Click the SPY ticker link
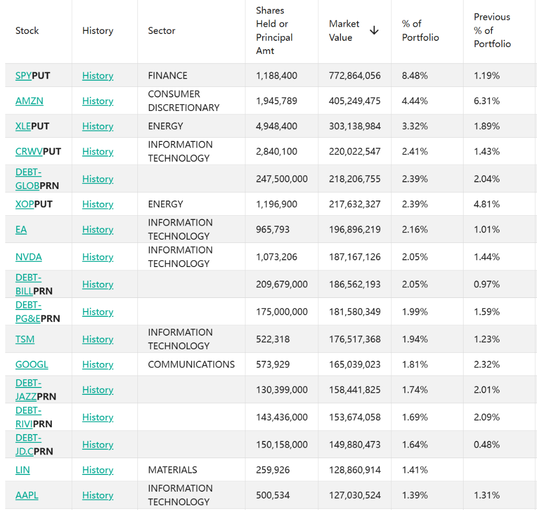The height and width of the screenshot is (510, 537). pyautogui.click(x=24, y=75)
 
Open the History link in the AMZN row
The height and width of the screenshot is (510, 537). pyautogui.click(x=98, y=101)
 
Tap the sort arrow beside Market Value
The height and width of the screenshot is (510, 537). pyautogui.click(x=374, y=30)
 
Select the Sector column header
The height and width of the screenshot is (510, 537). pyautogui.click(x=162, y=31)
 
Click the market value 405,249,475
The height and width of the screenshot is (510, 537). pyautogui.click(x=355, y=101)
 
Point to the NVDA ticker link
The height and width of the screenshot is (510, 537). pyautogui.click(x=28, y=257)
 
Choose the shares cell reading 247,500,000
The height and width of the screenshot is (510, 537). pyautogui.click(x=282, y=179)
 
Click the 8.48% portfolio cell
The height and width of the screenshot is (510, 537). pyautogui.click(x=414, y=75)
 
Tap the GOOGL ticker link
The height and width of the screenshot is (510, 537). pyautogui.click(x=31, y=364)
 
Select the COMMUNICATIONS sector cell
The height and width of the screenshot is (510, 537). pyautogui.click(x=191, y=364)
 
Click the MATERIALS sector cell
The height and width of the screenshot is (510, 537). pyautogui.click(x=172, y=470)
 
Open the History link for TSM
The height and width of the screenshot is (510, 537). pyautogui.click(x=98, y=339)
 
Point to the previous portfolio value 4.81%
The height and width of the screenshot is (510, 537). pyautogui.click(x=486, y=204)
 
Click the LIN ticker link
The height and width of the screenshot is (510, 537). pyautogui.click(x=23, y=470)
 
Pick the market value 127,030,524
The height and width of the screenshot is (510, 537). pyautogui.click(x=355, y=495)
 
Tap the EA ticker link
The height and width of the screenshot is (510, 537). pyautogui.click(x=21, y=229)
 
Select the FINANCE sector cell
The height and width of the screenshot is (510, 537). pyautogui.click(x=167, y=75)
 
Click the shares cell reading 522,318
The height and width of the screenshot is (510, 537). pyautogui.click(x=273, y=339)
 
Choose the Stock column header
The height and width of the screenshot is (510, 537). pyautogui.click(x=27, y=31)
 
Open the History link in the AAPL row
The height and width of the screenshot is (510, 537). pyautogui.click(x=98, y=495)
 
